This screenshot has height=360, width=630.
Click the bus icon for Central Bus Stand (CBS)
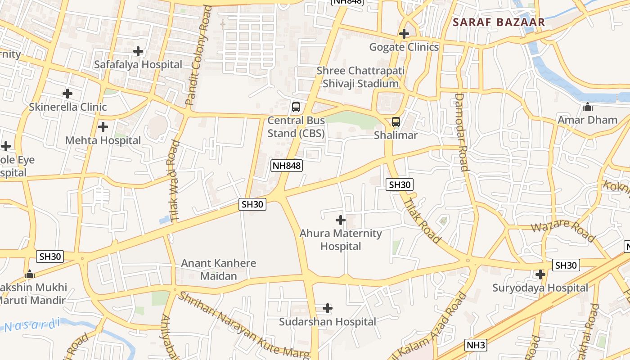(296, 107)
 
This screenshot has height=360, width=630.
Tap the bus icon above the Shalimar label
(396, 122)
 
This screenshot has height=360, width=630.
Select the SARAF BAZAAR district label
(499, 22)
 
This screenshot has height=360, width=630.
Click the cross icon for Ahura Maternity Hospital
(341, 220)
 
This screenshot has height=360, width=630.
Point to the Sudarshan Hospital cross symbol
(328, 308)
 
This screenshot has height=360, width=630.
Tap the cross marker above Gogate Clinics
(404, 34)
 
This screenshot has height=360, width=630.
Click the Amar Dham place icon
(587, 107)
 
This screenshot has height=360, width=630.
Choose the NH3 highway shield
(476, 345)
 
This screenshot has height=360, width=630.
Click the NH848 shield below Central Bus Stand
(286, 166)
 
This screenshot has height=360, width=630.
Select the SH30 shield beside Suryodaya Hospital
(566, 265)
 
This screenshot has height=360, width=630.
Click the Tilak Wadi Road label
(175, 180)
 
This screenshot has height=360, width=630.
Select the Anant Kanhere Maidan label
(218, 270)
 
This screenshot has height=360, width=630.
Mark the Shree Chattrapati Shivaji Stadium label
(360, 77)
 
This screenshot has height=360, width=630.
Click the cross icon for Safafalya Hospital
(138, 51)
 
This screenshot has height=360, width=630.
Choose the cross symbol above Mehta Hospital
(103, 127)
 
